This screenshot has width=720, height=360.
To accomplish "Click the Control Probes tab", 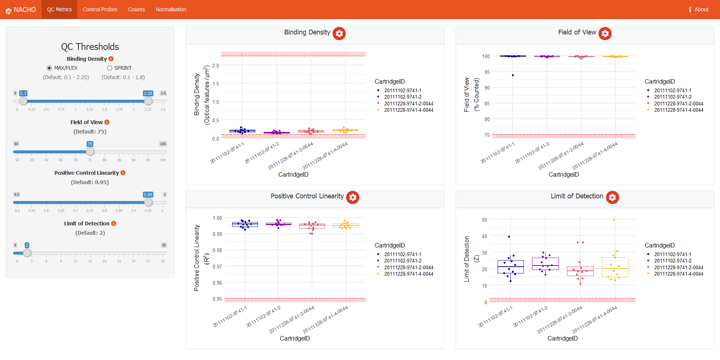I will (100, 9).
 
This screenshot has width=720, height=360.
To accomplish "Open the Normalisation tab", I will (171, 9).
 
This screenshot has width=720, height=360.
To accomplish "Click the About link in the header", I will (699, 9).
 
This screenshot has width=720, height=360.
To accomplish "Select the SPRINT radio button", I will (110, 68).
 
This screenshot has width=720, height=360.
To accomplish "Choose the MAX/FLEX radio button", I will (49, 68).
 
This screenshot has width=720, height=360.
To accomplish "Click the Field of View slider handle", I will (90, 151).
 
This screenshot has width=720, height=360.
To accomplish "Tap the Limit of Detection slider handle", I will (27, 253).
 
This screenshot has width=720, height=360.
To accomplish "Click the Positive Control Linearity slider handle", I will (148, 202).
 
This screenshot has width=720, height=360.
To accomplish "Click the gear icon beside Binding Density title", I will (339, 33).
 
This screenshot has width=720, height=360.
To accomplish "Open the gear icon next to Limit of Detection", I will (612, 197).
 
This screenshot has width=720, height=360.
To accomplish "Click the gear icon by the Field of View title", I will (605, 33).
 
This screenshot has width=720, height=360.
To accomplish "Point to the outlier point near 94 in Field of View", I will (513, 75).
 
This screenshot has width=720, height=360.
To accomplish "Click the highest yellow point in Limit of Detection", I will (614, 220).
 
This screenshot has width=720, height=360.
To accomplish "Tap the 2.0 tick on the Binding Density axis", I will (216, 66).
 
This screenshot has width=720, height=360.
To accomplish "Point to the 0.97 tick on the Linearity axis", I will (217, 267).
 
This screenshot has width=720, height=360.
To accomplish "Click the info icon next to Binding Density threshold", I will (111, 59).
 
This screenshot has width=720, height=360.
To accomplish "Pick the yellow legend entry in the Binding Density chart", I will (408, 110).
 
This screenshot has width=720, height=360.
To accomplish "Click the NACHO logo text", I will (25, 10).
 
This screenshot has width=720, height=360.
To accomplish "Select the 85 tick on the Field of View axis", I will (487, 103).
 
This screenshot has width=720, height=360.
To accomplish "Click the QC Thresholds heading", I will (90, 46).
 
